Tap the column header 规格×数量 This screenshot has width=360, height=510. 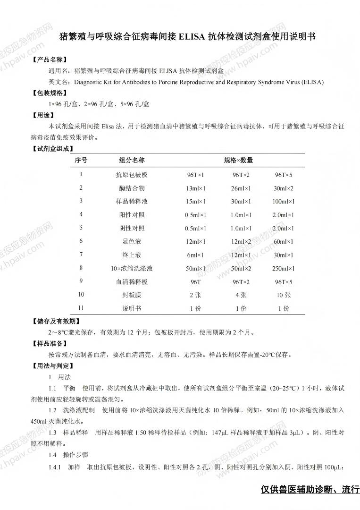coord(238,160)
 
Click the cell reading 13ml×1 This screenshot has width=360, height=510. coord(196,188)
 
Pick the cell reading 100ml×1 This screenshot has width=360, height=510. coord(284,202)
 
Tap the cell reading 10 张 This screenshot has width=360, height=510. coord(284,295)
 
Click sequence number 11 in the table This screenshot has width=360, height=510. coord(81,308)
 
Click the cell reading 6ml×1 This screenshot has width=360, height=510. coord(196,255)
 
